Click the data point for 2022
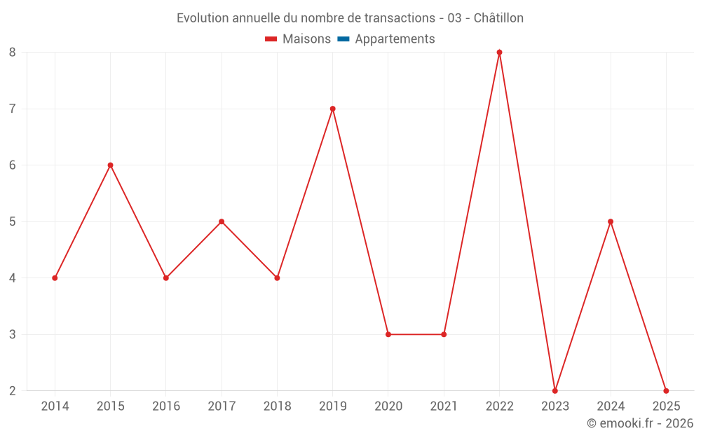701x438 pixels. click(x=499, y=53)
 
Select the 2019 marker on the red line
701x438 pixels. click(x=332, y=109)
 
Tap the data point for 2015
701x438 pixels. click(x=110, y=165)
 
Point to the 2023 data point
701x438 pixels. click(x=554, y=390)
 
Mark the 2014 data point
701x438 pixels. click(x=55, y=278)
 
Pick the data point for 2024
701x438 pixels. click(x=611, y=221)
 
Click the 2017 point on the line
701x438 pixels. click(x=222, y=221)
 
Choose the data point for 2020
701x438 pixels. click(x=388, y=334)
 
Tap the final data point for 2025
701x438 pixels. click(x=666, y=390)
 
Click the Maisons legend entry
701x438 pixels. click(x=298, y=39)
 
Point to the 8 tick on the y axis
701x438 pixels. click(x=13, y=53)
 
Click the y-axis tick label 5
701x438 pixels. click(x=13, y=221)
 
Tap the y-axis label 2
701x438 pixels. click(x=13, y=390)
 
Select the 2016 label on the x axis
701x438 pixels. click(x=166, y=406)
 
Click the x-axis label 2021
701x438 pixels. click(x=444, y=406)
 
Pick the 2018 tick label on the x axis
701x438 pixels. click(x=277, y=406)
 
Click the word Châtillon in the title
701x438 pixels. click(x=498, y=18)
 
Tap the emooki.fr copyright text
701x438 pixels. click(x=640, y=423)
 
